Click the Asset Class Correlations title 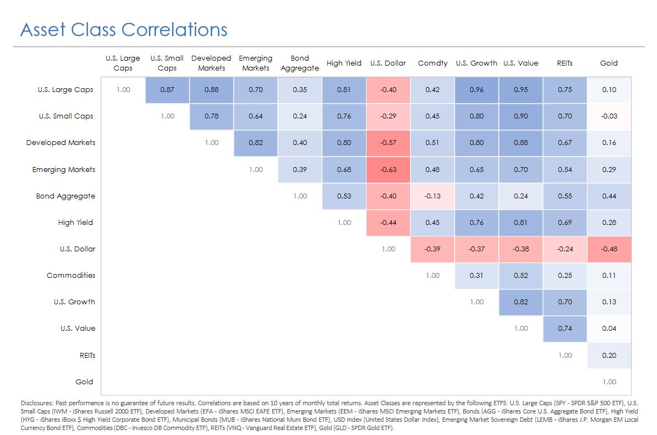point(123,29)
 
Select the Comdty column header point(433,63)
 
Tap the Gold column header point(609,63)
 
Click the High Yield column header point(344,63)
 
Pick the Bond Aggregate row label point(66,196)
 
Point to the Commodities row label point(71,276)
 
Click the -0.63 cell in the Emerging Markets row point(389,170)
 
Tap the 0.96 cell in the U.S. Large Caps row point(477,90)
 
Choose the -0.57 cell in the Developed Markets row point(389,143)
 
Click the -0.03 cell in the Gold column point(609,116)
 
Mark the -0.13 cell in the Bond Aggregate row point(433,196)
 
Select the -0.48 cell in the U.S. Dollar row point(609,249)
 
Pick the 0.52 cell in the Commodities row point(521,276)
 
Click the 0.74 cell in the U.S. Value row point(565,329)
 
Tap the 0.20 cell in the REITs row point(609,356)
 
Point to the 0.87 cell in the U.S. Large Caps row point(168,90)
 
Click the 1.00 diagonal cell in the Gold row point(609,382)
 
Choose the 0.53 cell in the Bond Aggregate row point(344,196)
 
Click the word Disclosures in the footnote point(35,403)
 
